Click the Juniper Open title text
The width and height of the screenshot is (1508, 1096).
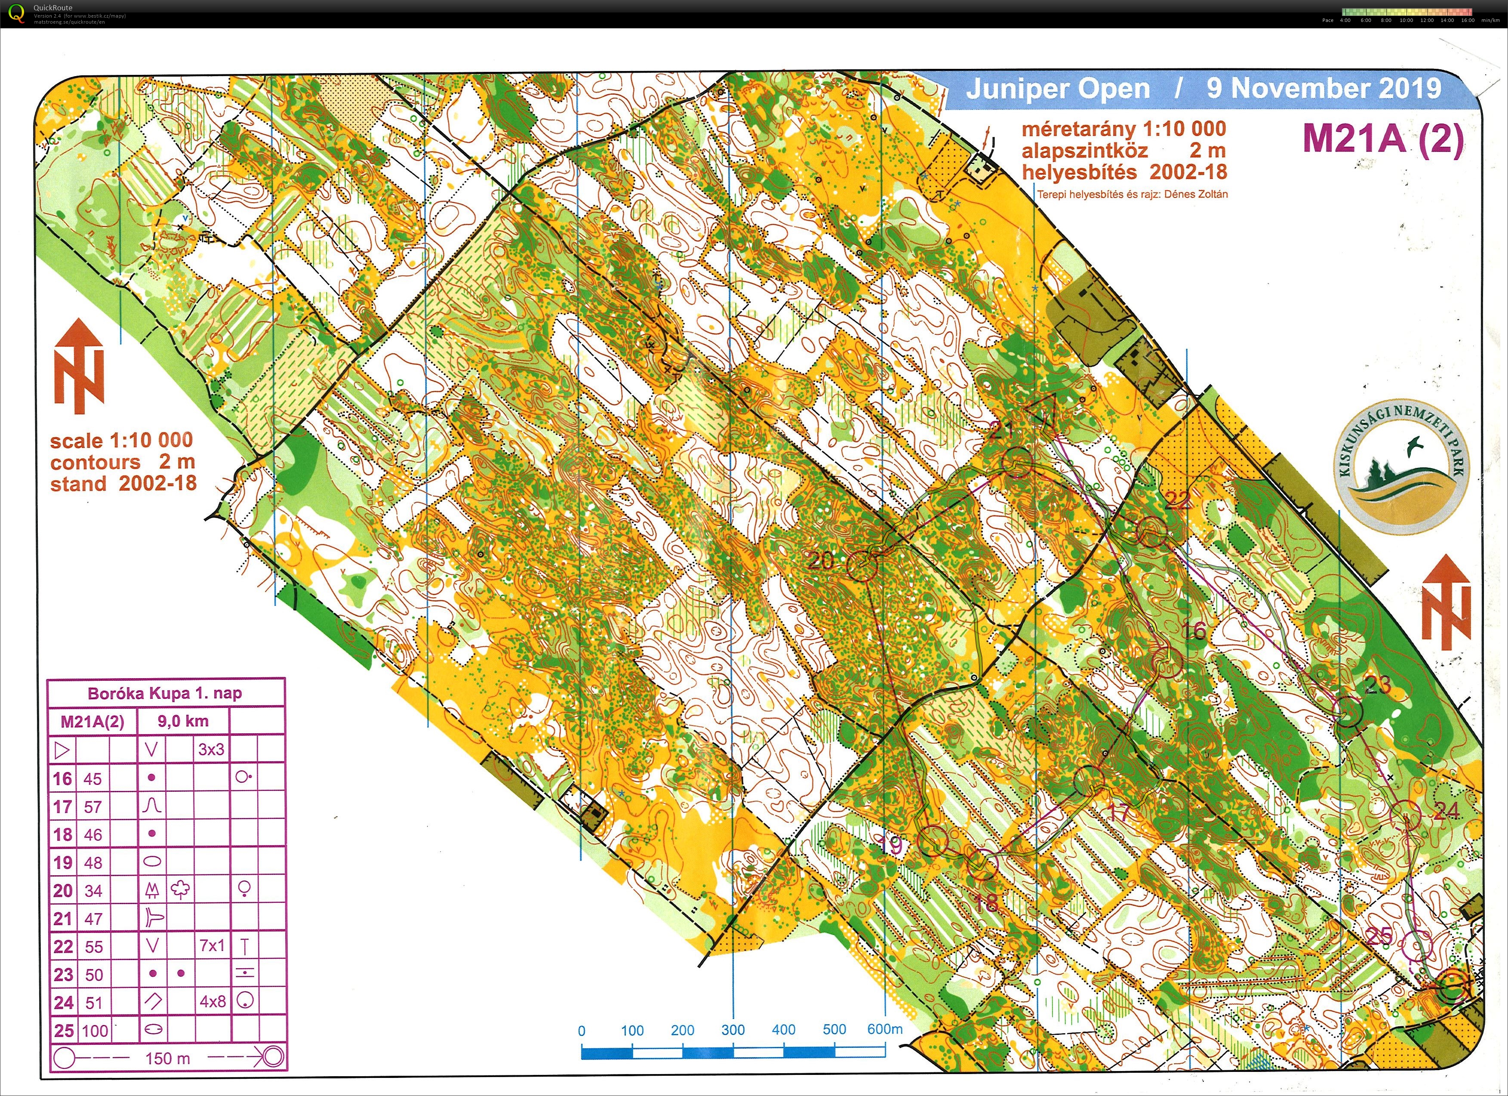click(1057, 89)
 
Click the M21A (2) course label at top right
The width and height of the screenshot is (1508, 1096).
click(1383, 138)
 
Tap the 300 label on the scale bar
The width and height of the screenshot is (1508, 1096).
click(733, 1030)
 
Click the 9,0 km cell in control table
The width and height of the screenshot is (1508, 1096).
click(183, 721)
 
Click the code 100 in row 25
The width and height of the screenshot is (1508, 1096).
click(95, 1031)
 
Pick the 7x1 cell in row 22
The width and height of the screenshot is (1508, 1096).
click(212, 946)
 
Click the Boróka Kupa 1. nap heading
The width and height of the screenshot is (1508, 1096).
click(165, 693)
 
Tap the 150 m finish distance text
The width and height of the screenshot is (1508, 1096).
click(168, 1058)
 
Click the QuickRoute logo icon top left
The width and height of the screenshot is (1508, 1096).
click(16, 12)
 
